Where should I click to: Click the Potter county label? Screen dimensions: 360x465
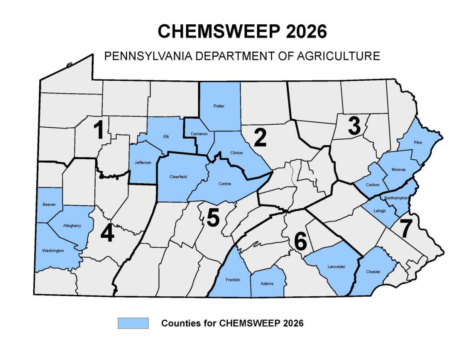tap(219, 106)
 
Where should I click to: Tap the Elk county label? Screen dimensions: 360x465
tap(166, 137)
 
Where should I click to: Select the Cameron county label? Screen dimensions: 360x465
tap(199, 134)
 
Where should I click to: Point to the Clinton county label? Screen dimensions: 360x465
tap(236, 153)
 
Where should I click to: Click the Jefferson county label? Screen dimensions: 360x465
tap(142, 162)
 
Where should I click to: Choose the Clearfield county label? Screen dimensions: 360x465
tap(179, 176)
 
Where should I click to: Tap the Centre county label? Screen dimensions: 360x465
tap(225, 184)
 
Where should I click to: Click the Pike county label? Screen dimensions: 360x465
tap(418, 143)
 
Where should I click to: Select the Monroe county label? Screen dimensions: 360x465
tap(398, 170)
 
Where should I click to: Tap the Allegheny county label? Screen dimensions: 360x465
tap(72, 225)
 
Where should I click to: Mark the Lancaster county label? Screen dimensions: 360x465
tap(336, 267)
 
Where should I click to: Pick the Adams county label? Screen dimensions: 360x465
tap(267, 284)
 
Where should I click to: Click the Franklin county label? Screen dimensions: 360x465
tap(233, 280)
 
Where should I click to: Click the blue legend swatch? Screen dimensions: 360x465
tap(133, 323)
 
